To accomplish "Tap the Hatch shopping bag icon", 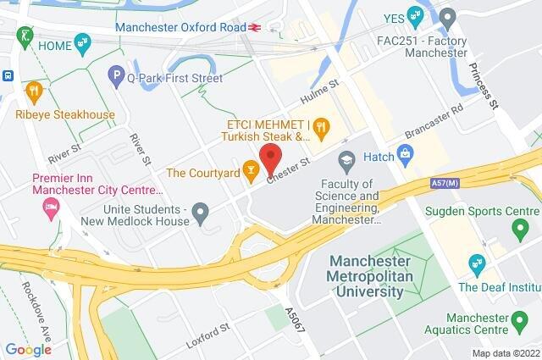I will click(x=406, y=154).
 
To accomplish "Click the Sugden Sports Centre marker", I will click(x=520, y=227).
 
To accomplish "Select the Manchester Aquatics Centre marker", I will click(x=520, y=320).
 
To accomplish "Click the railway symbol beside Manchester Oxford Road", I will click(x=248, y=27).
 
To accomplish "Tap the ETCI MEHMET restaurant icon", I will click(x=320, y=129).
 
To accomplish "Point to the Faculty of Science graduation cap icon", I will click(x=346, y=158).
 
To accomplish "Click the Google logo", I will click(x=28, y=350).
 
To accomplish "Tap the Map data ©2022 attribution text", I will click(x=505, y=352).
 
